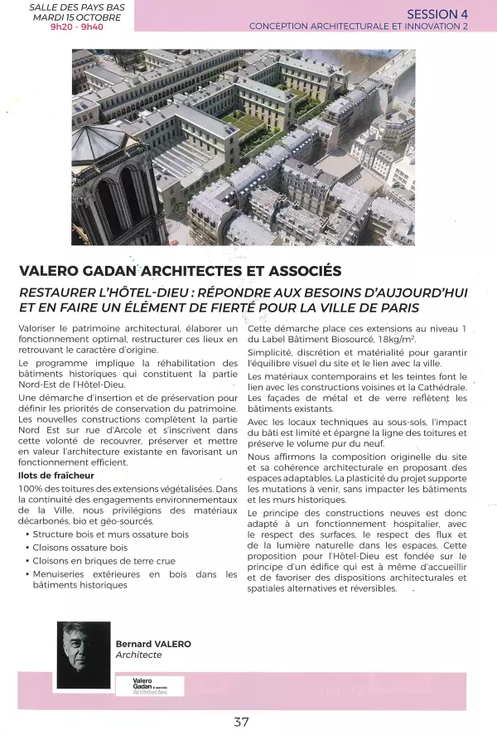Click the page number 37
tap(241, 721)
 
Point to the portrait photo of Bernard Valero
tap(84, 655)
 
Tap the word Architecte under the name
tap(138, 655)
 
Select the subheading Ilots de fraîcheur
tap(56, 476)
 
